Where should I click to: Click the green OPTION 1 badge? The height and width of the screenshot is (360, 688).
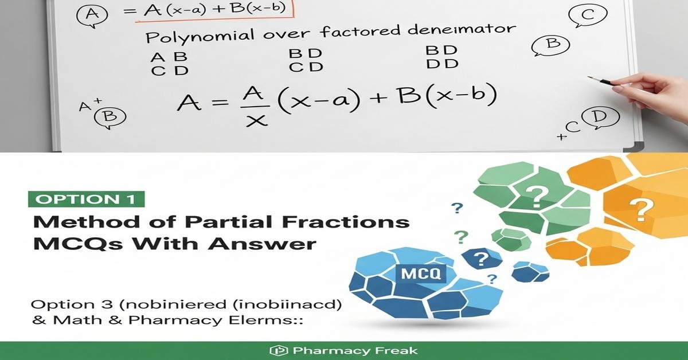87,199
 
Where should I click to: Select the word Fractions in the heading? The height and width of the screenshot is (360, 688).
346,222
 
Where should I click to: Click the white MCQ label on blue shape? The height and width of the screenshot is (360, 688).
421,273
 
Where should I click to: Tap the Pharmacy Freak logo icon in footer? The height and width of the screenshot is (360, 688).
279,350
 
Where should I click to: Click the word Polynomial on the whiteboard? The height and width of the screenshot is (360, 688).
200,36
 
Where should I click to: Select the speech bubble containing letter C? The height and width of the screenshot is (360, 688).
588,15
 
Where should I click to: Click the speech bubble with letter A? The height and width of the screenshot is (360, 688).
92,15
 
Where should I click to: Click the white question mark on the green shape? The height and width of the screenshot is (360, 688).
537,197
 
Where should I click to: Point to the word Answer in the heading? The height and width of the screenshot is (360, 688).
261,244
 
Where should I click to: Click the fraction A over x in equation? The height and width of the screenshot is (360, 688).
256,106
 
